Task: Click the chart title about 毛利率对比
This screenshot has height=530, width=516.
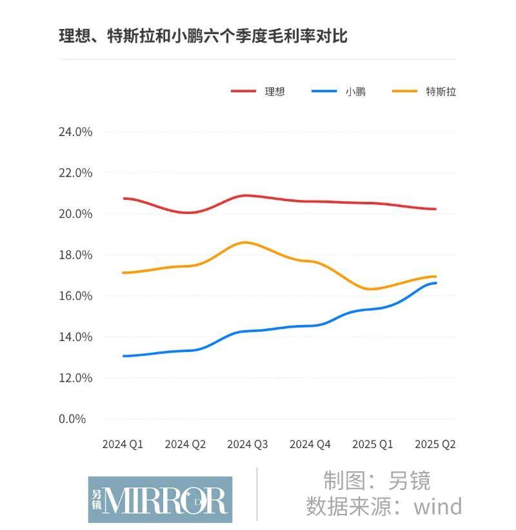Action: point(203,36)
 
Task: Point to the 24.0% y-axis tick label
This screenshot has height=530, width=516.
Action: point(76,132)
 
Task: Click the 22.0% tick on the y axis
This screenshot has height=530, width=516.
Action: point(76,173)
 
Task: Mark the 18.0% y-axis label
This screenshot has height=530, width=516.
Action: point(76,255)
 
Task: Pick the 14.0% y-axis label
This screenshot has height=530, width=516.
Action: point(76,337)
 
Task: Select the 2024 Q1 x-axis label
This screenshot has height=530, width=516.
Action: point(123,445)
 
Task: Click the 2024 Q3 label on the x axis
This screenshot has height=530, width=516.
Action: point(248,445)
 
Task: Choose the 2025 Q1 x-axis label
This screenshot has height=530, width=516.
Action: point(373,445)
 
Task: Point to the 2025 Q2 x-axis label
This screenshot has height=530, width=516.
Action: point(435,445)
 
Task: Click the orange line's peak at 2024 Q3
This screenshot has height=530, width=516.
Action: point(246,242)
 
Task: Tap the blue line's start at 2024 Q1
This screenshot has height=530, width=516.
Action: point(124,356)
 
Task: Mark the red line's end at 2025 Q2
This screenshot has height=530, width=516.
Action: point(435,209)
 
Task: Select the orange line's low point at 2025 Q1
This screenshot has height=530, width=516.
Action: point(372,289)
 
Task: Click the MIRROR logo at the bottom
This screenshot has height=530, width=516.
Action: point(160,499)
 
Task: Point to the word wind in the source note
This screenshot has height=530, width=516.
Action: point(438,506)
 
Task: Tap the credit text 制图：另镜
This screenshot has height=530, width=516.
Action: point(377,480)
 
